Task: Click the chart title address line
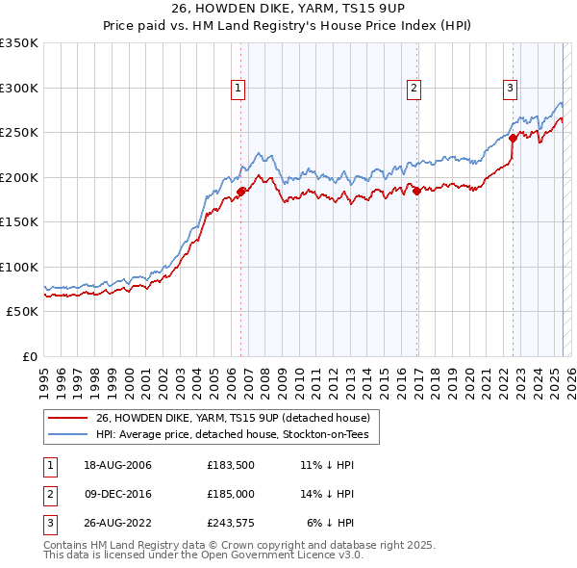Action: click(x=288, y=10)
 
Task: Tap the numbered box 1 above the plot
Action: click(x=238, y=89)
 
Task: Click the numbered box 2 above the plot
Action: click(x=414, y=89)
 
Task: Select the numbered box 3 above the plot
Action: click(x=510, y=89)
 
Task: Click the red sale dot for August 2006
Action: click(x=241, y=192)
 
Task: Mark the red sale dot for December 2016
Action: click(x=417, y=191)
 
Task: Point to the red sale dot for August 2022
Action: click(x=514, y=138)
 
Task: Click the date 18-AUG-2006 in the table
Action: click(x=117, y=466)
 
